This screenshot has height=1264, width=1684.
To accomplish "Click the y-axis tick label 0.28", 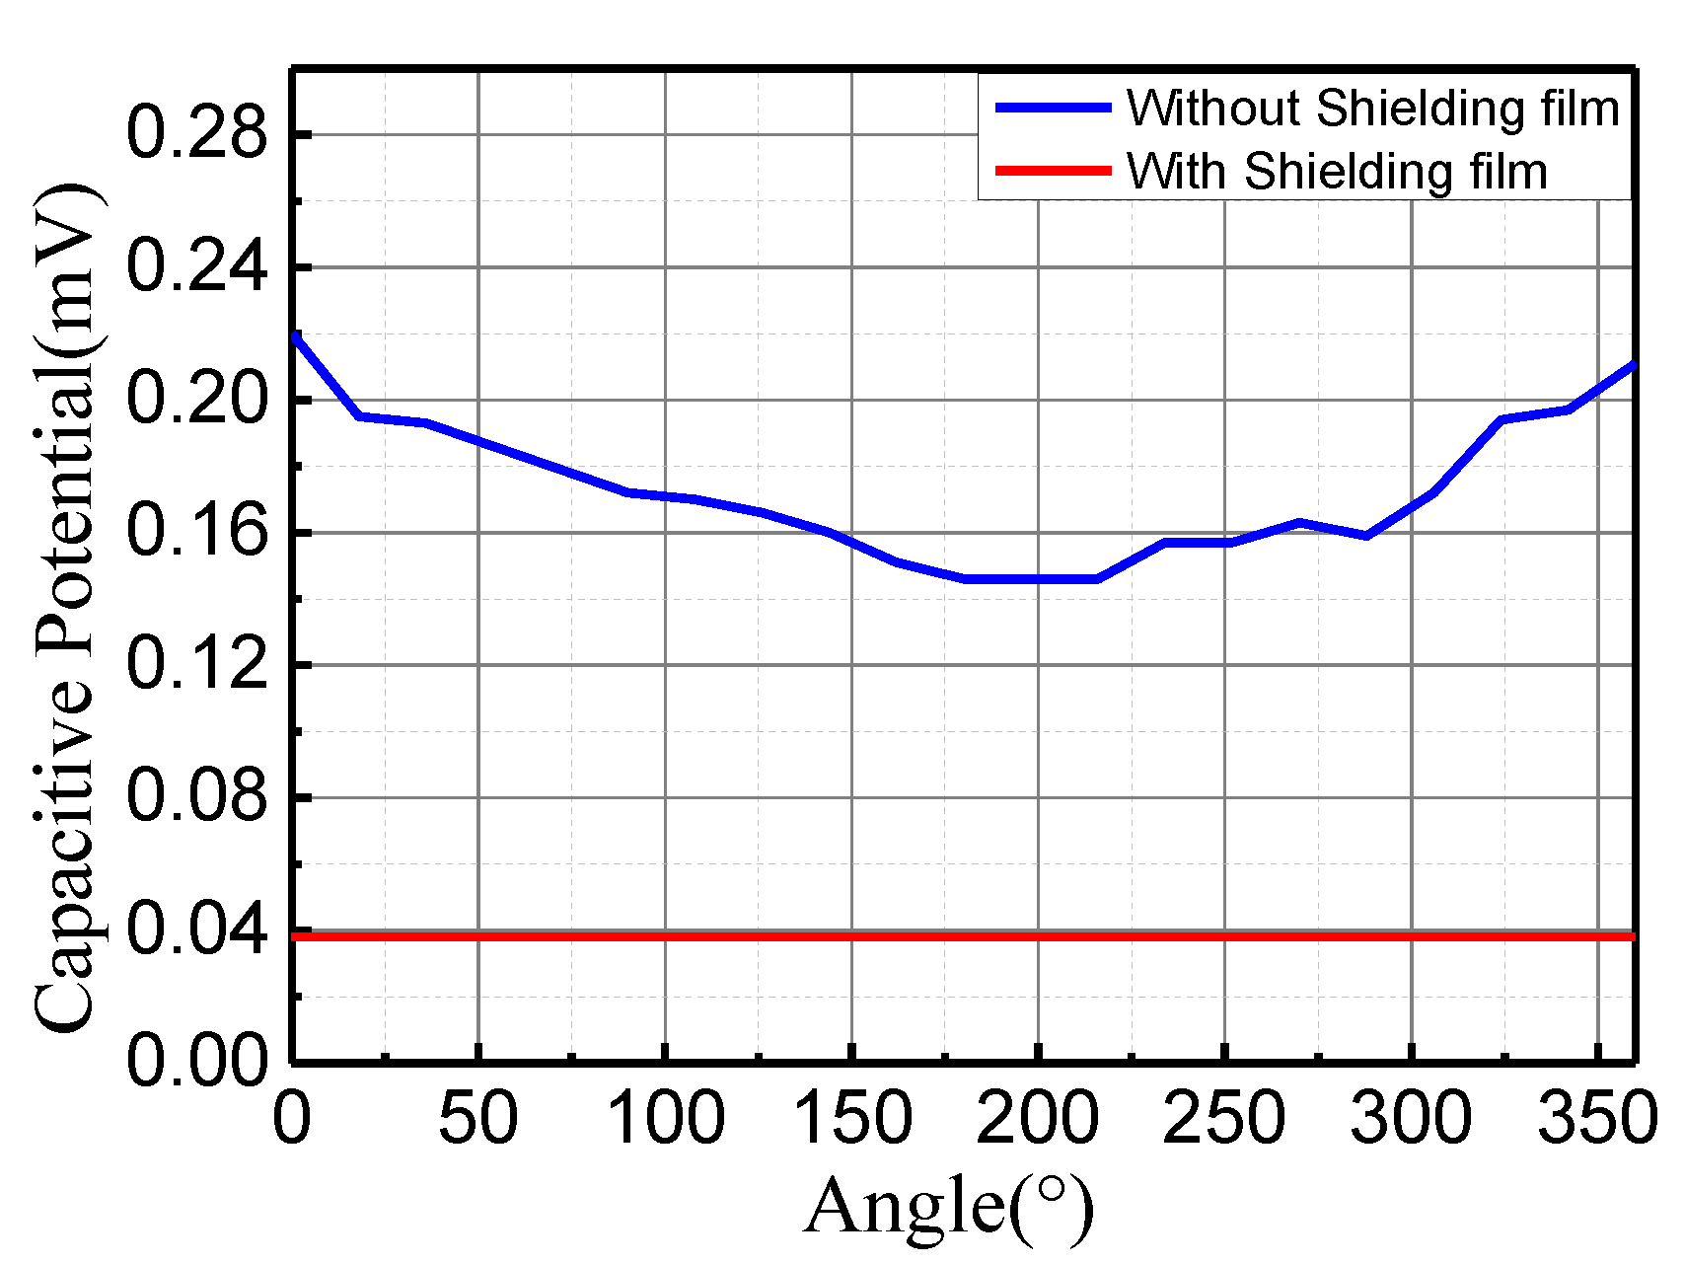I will (197, 134).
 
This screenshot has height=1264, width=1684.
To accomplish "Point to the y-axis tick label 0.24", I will (197, 266).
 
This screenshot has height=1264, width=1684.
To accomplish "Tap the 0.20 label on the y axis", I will (197, 400).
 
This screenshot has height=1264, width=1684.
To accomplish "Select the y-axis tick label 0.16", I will (197, 532).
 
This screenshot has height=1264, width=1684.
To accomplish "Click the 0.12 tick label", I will (197, 664).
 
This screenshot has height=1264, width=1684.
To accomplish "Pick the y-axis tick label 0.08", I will (197, 796).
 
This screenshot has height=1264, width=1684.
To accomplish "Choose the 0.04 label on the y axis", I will (197, 929).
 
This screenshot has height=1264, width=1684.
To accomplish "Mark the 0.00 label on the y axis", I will (197, 1062).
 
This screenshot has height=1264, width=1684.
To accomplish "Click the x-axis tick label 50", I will (478, 1120).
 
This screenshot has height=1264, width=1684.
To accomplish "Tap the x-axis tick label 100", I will (666, 1120).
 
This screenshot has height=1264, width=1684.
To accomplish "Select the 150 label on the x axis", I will (851, 1120).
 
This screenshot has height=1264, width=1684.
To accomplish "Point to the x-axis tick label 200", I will (1038, 1120).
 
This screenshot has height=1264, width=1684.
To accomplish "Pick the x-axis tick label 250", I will (1224, 1120).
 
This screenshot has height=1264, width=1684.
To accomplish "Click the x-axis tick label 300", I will (1412, 1120).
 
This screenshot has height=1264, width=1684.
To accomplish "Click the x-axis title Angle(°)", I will (949, 1207).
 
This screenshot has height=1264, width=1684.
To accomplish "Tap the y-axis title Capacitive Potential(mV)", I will (67, 607).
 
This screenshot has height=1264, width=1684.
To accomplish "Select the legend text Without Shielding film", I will (1373, 109).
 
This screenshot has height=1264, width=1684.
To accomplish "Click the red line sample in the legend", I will (1054, 171).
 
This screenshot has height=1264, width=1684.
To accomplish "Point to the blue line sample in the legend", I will (1054, 108).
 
